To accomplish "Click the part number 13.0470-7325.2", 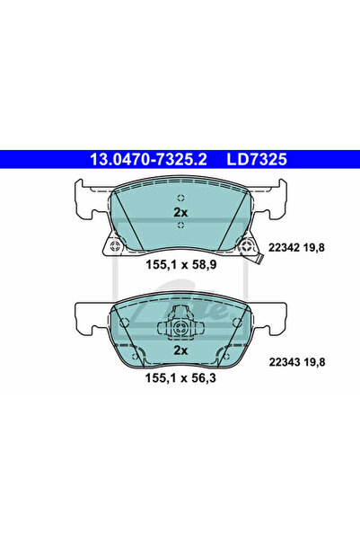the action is click(x=148, y=159).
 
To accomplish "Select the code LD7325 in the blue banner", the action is click(x=257, y=159).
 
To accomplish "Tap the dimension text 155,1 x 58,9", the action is click(x=181, y=265).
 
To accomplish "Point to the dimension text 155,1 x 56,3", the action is click(x=180, y=377).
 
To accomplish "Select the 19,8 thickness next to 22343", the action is click(x=313, y=362).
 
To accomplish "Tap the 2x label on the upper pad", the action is click(x=180, y=212).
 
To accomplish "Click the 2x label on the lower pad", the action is click(x=180, y=350).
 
